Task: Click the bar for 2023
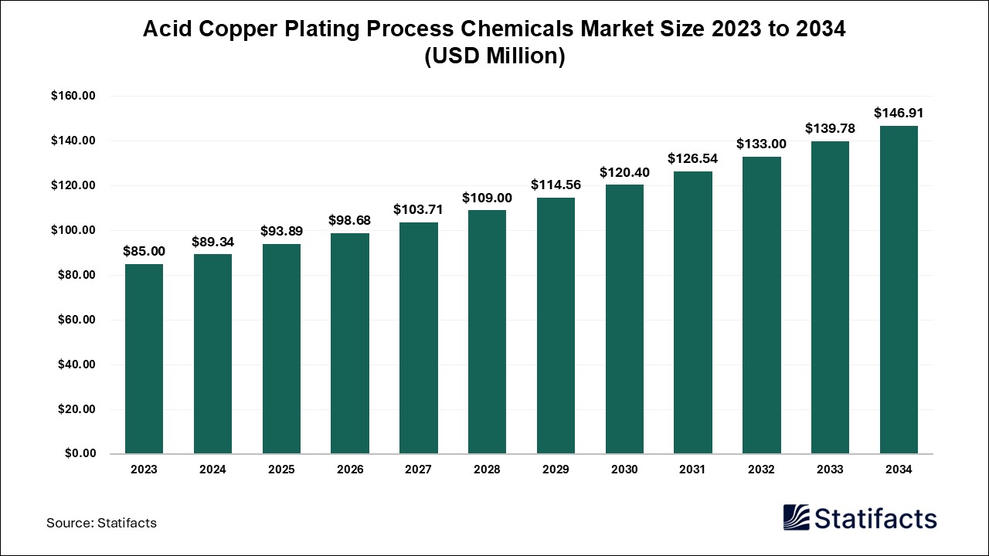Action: coord(144,359)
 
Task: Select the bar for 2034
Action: coord(899,290)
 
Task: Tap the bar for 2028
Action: coord(487,332)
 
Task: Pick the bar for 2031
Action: coord(693,313)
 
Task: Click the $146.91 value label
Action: coord(899,113)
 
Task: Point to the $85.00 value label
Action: coord(144,251)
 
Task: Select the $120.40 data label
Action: coord(624,172)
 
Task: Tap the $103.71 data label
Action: coord(418,209)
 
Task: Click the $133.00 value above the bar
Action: coord(761,144)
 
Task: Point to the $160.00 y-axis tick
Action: coord(73,97)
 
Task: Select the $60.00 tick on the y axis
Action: coord(76,320)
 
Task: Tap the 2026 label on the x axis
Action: coord(350,470)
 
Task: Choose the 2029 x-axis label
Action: coord(556,470)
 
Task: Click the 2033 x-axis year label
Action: coord(830,470)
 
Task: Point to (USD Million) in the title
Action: coord(494,56)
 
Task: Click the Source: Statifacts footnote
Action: coord(101,523)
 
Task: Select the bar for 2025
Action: coord(281,349)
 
